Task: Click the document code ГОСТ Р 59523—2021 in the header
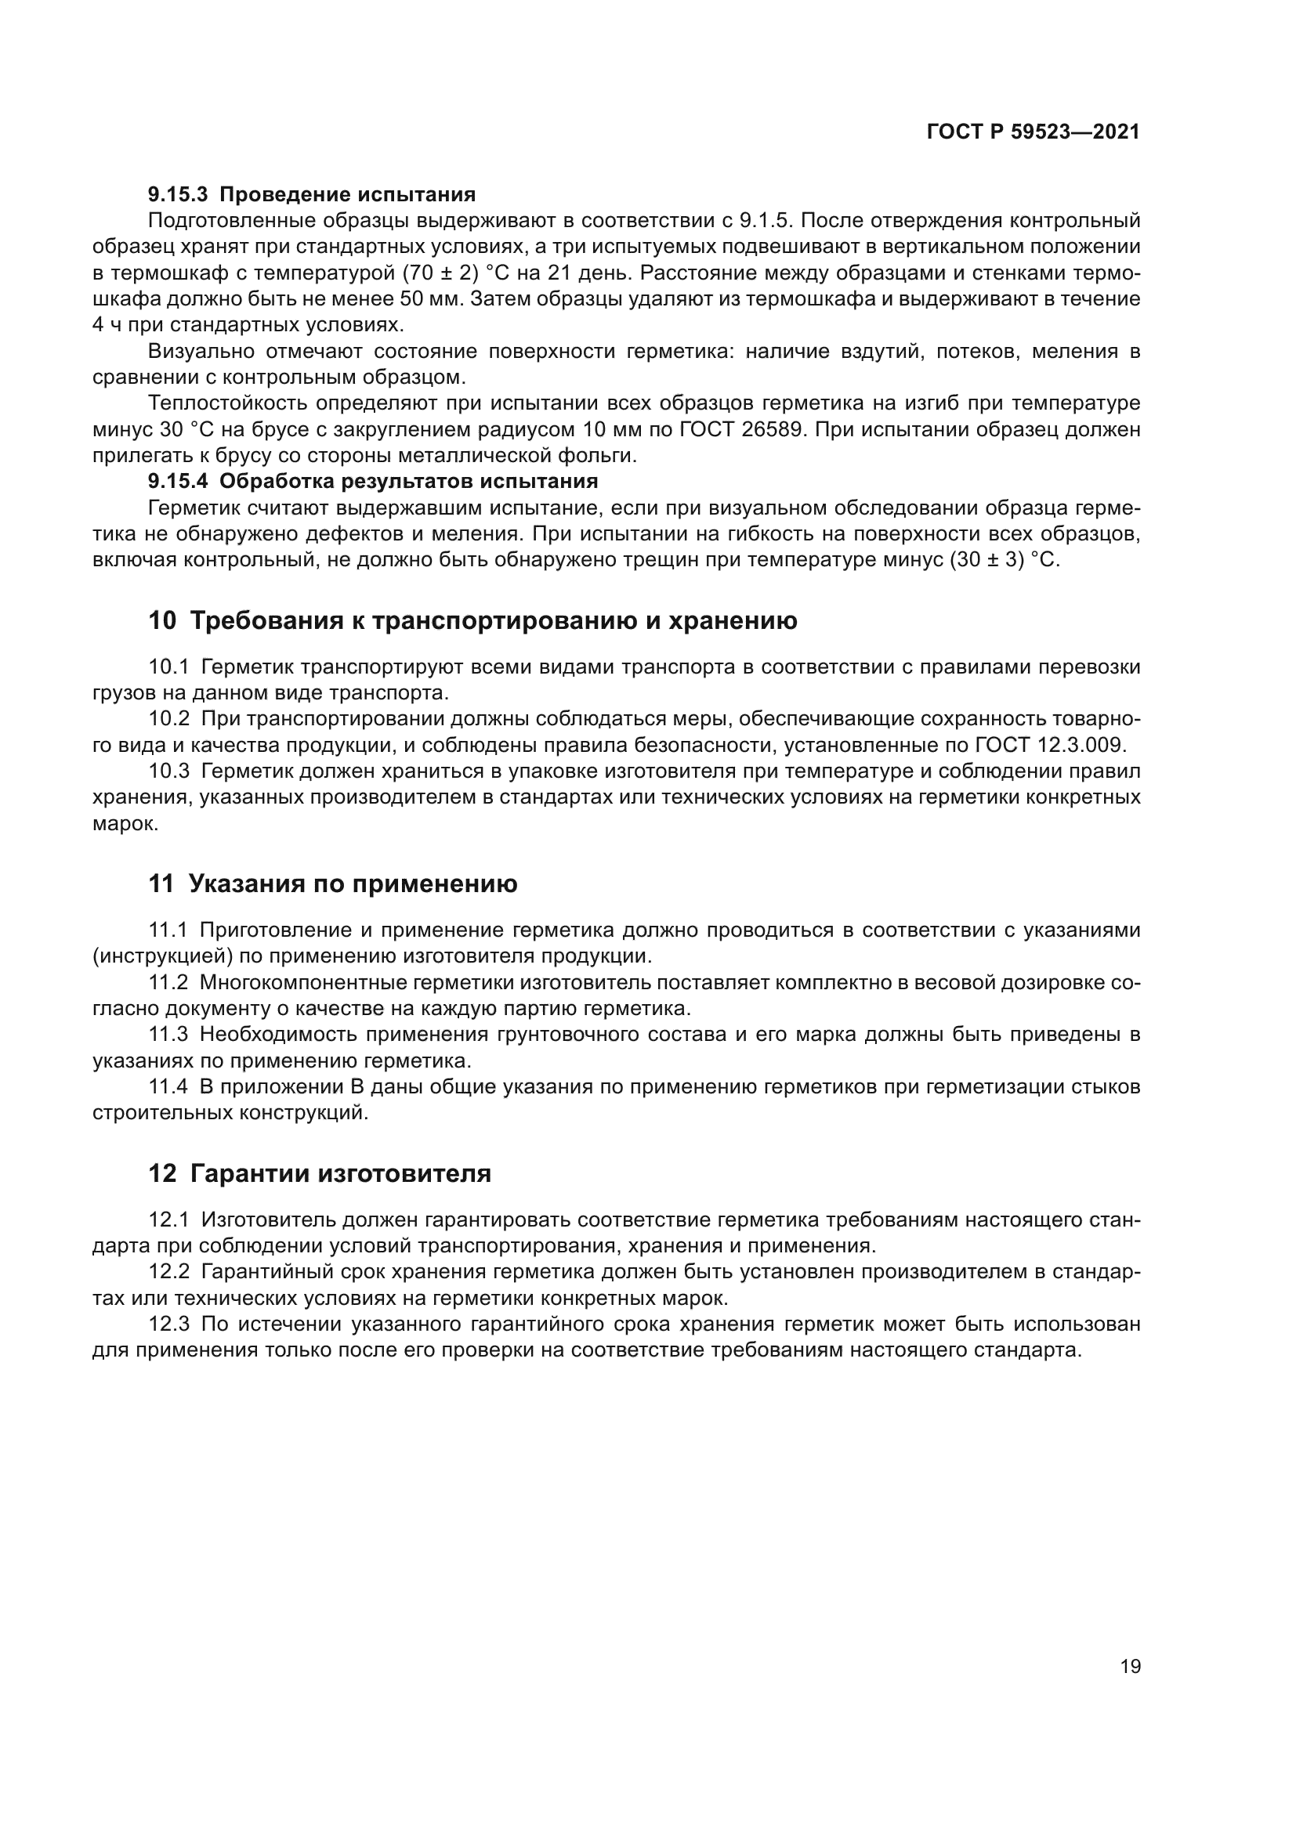click(1033, 132)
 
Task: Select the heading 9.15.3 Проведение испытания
click(311, 195)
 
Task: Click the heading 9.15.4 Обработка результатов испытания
click(373, 481)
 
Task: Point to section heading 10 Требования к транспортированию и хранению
click(472, 621)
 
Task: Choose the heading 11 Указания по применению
click(333, 884)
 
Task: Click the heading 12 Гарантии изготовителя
click(319, 1174)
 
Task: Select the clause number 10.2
click(169, 719)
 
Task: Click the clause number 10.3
click(169, 771)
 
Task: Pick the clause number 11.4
click(168, 1087)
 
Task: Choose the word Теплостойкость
click(227, 403)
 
